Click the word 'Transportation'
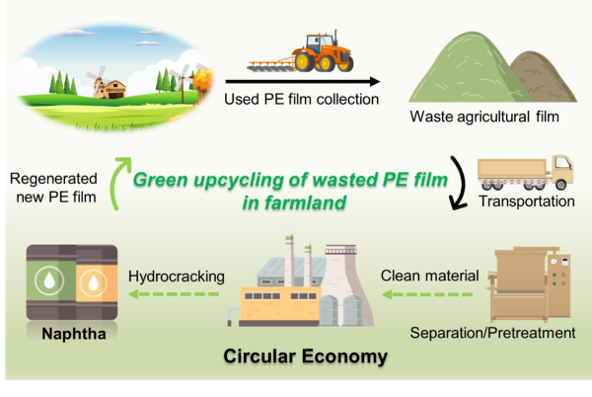[526, 202]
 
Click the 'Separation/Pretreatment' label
[505, 333]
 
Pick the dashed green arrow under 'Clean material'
[429, 292]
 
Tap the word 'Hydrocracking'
[178, 276]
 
